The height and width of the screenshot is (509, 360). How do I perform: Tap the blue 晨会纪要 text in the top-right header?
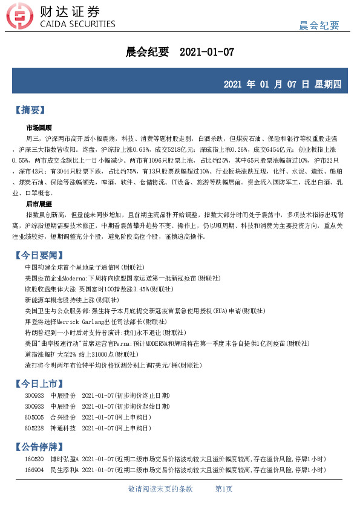tap(319, 25)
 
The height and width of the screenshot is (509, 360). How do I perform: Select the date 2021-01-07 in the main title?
tap(207, 52)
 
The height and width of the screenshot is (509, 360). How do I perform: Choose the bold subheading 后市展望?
tap(39, 205)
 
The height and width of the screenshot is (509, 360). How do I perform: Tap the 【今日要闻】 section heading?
tap(39, 256)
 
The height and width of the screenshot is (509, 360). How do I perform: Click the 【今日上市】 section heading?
tap(39, 383)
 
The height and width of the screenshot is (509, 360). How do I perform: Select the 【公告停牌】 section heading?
tap(39, 447)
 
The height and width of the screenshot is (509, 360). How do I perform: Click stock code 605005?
tap(34, 417)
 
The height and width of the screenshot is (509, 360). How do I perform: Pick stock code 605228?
tap(34, 428)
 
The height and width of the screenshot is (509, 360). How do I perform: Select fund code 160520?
tap(34, 459)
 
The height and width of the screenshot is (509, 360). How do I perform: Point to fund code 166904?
tap(34, 469)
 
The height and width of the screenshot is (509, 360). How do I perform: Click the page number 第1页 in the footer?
tap(224, 489)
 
